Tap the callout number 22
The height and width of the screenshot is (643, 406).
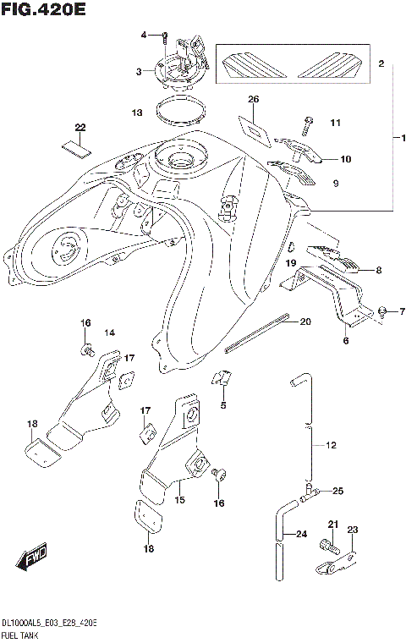pos(80,128)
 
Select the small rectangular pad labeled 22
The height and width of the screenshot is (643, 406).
pos(74,144)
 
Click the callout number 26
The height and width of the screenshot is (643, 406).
pos(252,101)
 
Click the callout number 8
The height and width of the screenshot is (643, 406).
pos(378,271)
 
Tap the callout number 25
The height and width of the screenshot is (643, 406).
pos(337,491)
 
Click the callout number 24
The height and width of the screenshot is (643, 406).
pos(301,534)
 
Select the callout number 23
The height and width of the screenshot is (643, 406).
pos(353,530)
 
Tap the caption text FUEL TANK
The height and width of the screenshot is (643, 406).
pos(20,635)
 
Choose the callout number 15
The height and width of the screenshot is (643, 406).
pos(179,501)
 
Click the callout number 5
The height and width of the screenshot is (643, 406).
pos(223,405)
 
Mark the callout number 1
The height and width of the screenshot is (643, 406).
pos(403,137)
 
